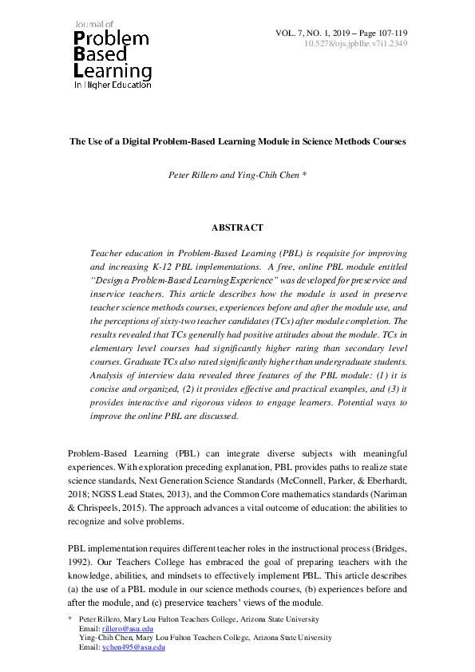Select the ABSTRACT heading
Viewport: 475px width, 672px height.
[237, 227]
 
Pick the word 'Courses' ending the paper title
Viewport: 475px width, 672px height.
[388, 141]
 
